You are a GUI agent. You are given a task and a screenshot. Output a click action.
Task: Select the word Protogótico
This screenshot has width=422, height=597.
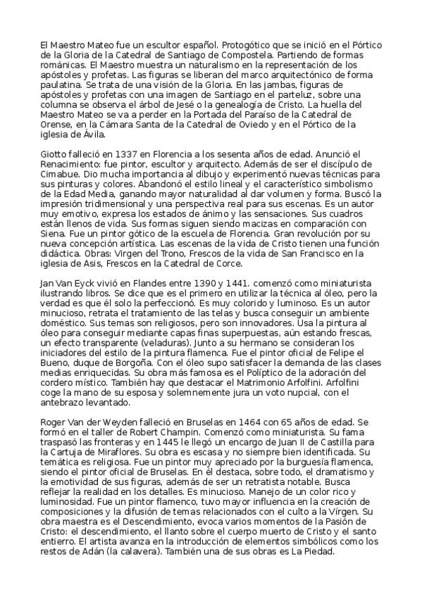tap(229, 42)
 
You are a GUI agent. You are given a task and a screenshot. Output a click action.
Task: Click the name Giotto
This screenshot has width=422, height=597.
tap(54, 154)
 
